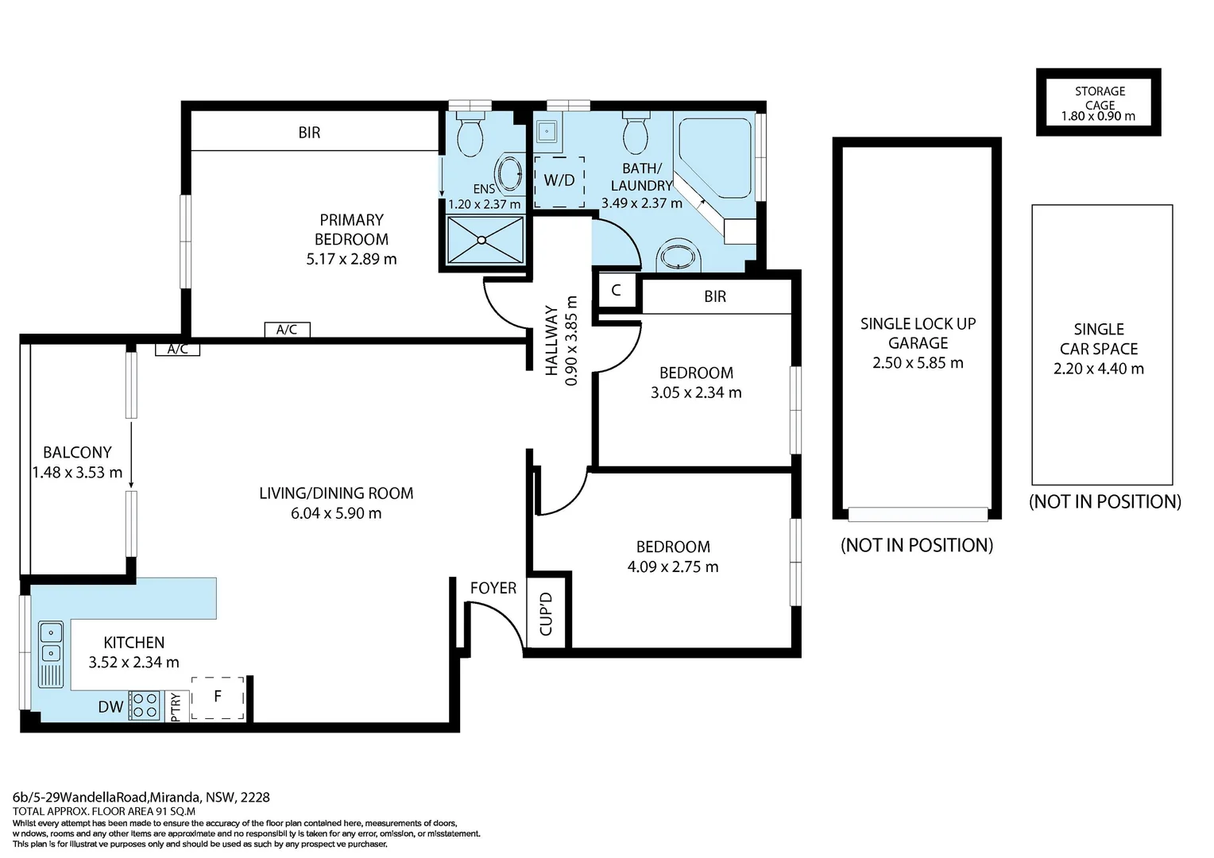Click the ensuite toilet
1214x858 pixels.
(x=470, y=133)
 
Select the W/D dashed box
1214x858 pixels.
(x=559, y=182)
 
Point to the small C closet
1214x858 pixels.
(x=617, y=290)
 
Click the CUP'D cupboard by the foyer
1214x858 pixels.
(x=547, y=613)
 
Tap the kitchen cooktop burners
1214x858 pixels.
(x=145, y=705)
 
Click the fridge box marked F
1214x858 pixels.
(x=218, y=698)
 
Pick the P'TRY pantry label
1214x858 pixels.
(x=175, y=707)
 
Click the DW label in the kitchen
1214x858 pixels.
(x=110, y=707)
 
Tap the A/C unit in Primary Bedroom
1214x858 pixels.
(x=288, y=330)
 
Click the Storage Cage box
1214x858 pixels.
(x=1099, y=102)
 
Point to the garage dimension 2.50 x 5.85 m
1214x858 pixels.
(x=918, y=362)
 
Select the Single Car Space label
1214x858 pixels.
(x=1099, y=338)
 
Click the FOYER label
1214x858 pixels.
(x=493, y=588)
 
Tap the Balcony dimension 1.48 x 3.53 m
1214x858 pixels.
(x=77, y=473)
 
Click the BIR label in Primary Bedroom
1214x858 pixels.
(x=309, y=132)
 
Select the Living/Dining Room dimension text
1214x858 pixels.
(x=336, y=513)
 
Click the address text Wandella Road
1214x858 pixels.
(x=102, y=798)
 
